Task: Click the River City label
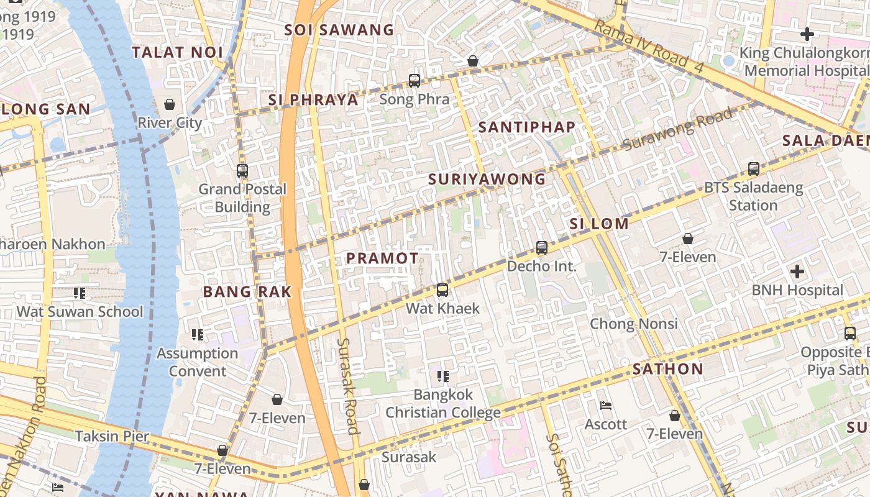pos(170,122)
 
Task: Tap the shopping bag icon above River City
pos(170,104)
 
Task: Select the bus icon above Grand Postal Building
pos(242,170)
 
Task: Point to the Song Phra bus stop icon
pos(414,81)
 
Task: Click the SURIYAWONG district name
pos(487,180)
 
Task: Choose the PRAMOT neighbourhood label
pos(382,258)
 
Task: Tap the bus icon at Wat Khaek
pos(442,290)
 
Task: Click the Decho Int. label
pos(541,267)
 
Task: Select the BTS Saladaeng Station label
pos(753,196)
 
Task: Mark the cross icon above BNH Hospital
pos(797,271)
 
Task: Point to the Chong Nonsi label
pos(633,324)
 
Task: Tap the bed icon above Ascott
pos(606,406)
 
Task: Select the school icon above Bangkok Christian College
pos(443,376)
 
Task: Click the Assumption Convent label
pos(197,362)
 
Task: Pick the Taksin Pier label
pos(112,436)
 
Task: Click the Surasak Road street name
pos(348,385)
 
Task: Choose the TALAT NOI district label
pos(177,52)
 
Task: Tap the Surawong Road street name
pos(677,129)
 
